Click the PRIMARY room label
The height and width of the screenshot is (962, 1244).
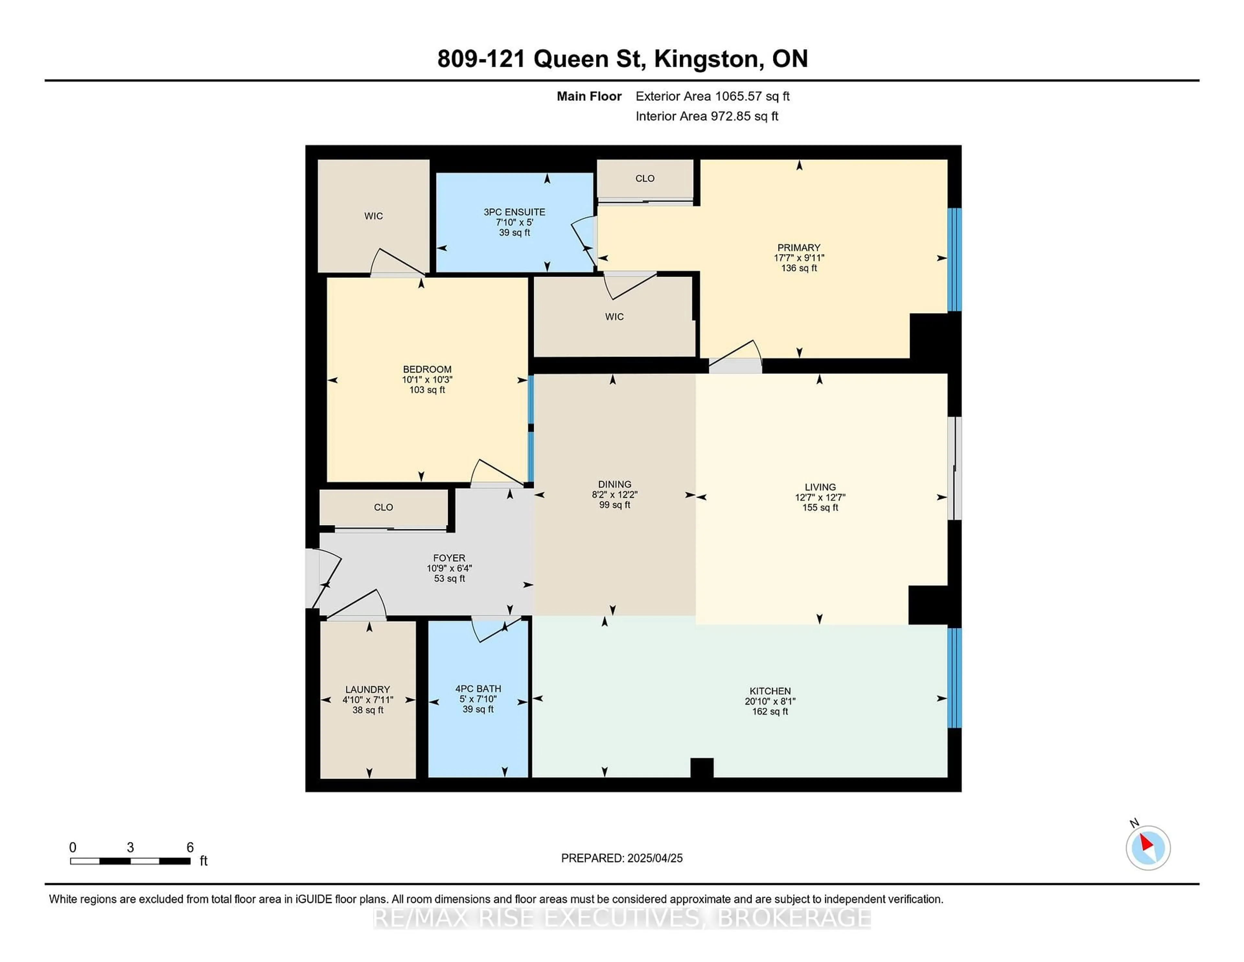click(x=799, y=247)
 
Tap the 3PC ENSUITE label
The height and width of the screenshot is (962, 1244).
click(x=514, y=212)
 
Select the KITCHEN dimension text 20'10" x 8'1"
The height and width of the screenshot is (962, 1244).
click(x=770, y=701)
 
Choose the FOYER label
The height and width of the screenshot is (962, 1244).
click(x=449, y=558)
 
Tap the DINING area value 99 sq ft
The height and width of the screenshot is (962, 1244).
click(x=615, y=505)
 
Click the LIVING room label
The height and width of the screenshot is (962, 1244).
click(x=820, y=487)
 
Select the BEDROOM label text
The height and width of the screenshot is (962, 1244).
click(x=427, y=369)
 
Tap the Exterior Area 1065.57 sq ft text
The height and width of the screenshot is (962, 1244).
click(x=713, y=96)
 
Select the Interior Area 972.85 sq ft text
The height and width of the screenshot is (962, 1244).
click(x=707, y=116)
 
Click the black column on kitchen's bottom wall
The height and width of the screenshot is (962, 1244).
click(x=702, y=768)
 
